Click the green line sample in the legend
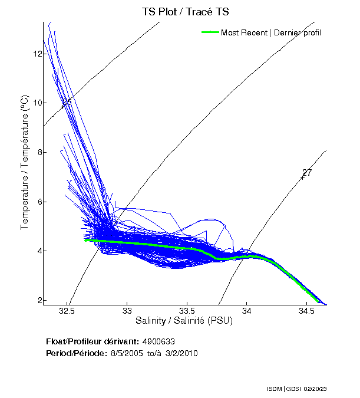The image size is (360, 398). (210, 32)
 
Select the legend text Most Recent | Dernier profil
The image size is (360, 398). (271, 32)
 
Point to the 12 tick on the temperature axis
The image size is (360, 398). (38, 54)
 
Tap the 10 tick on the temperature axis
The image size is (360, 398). (38, 103)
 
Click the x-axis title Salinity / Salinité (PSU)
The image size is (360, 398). (184, 321)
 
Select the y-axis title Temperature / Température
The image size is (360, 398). (25, 163)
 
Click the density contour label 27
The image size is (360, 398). (306, 173)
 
